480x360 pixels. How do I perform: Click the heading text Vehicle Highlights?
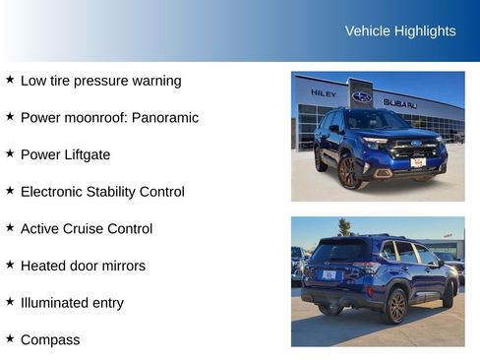coord(400,30)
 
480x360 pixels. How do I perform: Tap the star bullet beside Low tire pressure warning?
coord(10,80)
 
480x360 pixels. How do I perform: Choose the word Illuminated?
coord(57,302)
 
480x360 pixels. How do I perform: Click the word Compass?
coord(50,339)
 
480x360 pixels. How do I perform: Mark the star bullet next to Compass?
coord(10,338)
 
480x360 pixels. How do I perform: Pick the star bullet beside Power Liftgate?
coord(10,153)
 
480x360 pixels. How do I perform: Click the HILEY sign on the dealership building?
coord(324,93)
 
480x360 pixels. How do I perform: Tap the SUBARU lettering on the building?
coord(400,102)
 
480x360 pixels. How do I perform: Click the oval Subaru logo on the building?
coord(362,96)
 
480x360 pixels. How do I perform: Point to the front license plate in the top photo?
coord(417,162)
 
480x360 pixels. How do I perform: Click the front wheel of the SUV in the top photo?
coord(350,172)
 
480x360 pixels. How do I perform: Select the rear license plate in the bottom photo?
coord(330,274)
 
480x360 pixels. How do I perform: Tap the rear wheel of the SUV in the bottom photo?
coord(395,305)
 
